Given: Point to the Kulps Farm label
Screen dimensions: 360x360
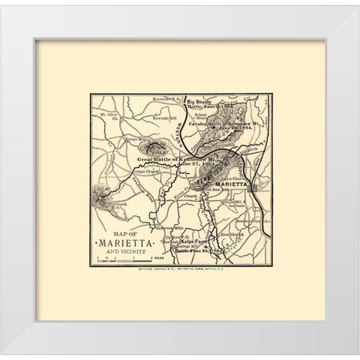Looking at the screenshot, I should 198,244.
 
